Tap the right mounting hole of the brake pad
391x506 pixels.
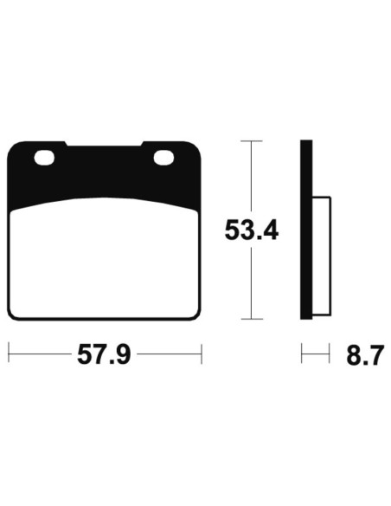click(163, 158)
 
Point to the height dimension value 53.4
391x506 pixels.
click(251, 230)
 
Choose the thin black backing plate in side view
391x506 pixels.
click(304, 230)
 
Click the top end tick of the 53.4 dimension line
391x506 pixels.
click(251, 140)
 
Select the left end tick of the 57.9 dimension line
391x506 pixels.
click(9, 354)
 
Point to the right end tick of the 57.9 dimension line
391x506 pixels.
click(201, 354)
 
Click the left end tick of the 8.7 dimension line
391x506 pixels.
click(301, 354)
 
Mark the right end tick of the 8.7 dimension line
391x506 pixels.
click(330, 354)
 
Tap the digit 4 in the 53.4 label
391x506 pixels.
click(269, 230)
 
